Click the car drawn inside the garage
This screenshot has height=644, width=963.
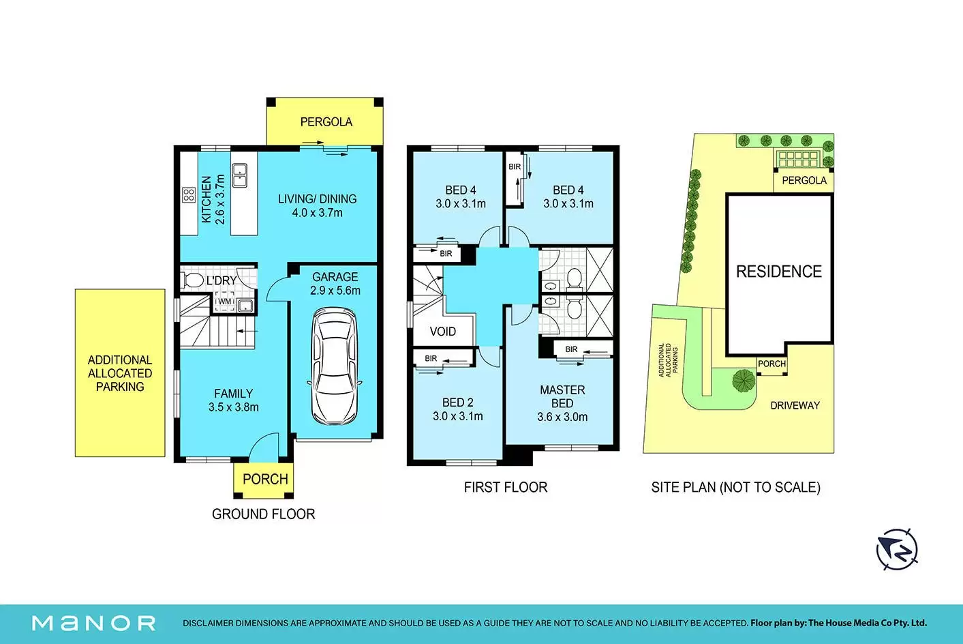pos(335,366)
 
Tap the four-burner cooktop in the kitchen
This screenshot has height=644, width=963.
pos(189,195)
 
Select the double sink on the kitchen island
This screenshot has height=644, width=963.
pos(239,175)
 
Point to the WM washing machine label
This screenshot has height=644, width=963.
pos(224,302)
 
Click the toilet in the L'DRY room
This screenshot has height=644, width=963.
pos(193,280)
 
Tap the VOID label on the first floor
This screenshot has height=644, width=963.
pos(443,332)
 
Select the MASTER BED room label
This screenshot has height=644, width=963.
pos(562,396)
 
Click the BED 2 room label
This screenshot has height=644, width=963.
pos(458,402)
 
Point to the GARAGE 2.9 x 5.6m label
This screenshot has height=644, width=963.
pos(335,284)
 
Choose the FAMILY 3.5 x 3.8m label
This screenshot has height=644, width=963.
pos(234,400)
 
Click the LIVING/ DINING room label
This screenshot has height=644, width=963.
pos(318,199)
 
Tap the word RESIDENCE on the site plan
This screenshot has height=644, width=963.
pos(779,272)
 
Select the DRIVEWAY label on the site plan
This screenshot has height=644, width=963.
pos(795,405)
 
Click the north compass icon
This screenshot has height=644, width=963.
pos(897,549)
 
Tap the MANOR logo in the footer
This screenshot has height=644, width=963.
pos(94,624)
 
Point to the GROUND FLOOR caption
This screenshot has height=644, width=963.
pos(264,514)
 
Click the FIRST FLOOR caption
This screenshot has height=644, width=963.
pos(506,487)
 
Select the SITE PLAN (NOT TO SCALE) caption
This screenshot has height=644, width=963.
pos(735,487)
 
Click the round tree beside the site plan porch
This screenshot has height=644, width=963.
pos(744,381)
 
